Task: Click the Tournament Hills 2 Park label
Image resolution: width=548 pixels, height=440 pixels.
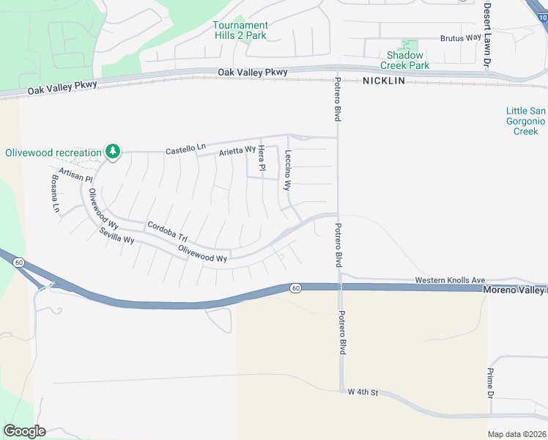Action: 240,30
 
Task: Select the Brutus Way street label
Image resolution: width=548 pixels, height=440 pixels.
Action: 461,38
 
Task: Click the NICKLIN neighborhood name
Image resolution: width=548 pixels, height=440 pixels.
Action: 383,81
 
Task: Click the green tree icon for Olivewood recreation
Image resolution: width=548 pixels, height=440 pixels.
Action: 112,152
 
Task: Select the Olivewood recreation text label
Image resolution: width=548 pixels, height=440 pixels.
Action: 53,153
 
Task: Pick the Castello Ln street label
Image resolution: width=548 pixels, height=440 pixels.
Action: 185,149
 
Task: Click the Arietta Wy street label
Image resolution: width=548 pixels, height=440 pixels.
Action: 237,152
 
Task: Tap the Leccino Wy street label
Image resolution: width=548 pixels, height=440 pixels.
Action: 288,170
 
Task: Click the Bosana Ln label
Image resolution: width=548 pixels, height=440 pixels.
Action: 56,192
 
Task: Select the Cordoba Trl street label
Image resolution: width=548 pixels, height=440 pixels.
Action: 167,231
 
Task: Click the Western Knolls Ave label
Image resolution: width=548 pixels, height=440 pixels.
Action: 450,280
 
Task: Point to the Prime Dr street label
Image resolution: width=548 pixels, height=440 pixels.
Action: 491,384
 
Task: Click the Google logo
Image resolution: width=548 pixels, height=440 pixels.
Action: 25,431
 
